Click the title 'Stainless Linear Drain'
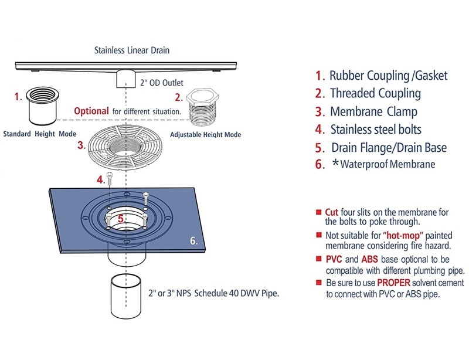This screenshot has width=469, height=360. coord(132,50)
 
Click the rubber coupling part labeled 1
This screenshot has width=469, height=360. coord(45,106)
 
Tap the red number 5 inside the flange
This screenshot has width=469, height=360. coord(120,219)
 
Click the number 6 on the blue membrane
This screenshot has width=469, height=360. coord(194,240)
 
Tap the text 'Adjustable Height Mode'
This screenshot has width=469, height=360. coord(205,134)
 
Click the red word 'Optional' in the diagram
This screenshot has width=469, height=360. coord(91,111)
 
